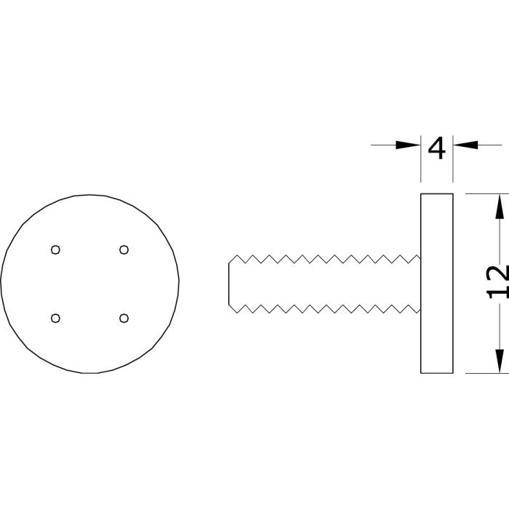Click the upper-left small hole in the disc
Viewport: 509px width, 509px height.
pos(55,249)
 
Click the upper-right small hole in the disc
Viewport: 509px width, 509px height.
pos(124,249)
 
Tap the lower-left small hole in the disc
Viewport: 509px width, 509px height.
pos(55,318)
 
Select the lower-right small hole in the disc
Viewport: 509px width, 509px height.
pos(124,318)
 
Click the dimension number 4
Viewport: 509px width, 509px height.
pos(436,148)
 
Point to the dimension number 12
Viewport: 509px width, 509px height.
pos(498,282)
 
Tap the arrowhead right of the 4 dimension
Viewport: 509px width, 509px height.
pos(465,145)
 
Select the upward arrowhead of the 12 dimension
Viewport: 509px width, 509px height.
pos(500,206)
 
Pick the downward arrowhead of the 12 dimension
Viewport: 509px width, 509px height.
pos(500,361)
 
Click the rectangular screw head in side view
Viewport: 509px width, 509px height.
pos(437,284)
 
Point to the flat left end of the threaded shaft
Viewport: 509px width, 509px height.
pos(229,284)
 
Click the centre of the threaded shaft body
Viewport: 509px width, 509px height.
pos(324,284)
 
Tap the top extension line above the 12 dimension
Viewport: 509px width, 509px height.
pos(487,194)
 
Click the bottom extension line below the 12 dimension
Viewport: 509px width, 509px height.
pos(487,373)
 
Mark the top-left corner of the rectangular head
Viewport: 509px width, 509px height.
pos(421,194)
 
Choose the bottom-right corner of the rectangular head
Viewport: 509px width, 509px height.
pos(453,373)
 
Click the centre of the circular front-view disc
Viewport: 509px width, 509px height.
pos(90,284)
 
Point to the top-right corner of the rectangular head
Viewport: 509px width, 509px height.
pos(453,194)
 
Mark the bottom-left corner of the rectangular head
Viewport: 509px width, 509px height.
pos(421,373)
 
